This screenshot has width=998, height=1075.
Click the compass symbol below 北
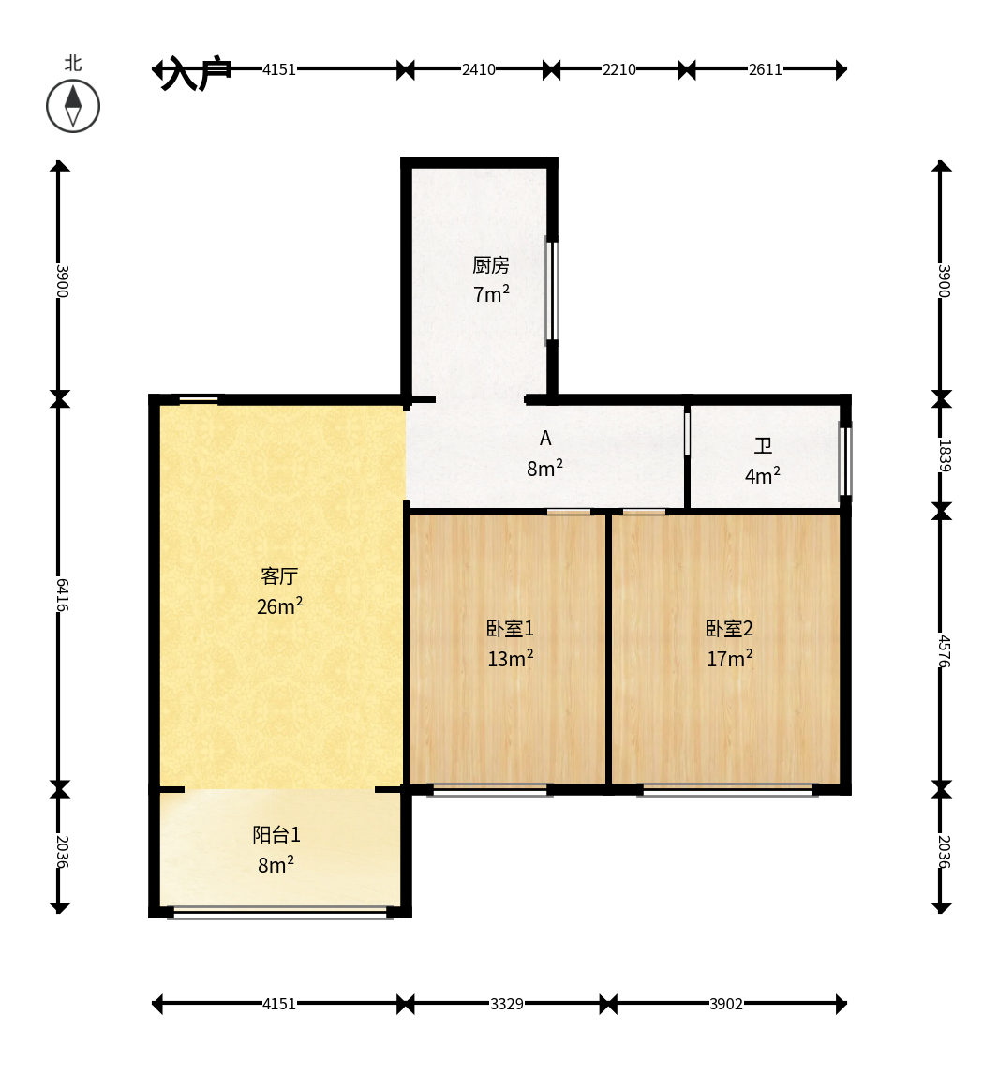click(x=73, y=107)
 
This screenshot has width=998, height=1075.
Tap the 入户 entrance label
click(x=195, y=73)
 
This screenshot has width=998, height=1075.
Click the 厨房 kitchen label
click(x=491, y=264)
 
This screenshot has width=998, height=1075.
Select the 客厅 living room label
click(x=279, y=576)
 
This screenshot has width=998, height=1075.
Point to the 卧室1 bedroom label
click(x=510, y=629)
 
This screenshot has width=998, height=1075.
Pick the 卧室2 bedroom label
click(x=729, y=629)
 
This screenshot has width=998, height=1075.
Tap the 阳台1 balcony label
click(x=276, y=835)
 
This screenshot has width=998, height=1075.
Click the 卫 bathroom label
click(x=763, y=446)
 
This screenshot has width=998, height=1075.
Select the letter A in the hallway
click(x=545, y=438)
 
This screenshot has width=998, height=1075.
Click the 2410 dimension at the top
click(x=479, y=69)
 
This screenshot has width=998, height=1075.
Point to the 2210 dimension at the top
click(x=619, y=69)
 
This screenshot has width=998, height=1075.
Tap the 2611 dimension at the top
click(x=765, y=69)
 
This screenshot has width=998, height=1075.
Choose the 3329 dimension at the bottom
click(x=507, y=1005)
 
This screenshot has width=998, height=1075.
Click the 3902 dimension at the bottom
click(x=726, y=1005)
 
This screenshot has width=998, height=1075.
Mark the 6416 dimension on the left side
click(x=61, y=594)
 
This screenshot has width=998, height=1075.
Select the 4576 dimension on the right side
click(x=944, y=651)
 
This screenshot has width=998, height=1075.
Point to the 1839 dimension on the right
click(x=944, y=455)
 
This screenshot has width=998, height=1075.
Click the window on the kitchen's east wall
click(x=552, y=290)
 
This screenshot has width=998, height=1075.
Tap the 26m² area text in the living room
click(x=279, y=606)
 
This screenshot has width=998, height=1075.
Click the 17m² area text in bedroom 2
click(x=730, y=659)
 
